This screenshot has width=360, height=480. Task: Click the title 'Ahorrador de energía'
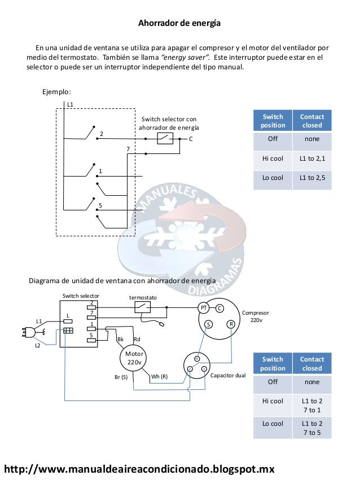tap(179, 24)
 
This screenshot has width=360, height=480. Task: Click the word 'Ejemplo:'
tap(57, 91)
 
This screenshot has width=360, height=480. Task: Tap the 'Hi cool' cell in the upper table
tap(273, 158)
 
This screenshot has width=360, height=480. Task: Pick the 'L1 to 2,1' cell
tap(312, 158)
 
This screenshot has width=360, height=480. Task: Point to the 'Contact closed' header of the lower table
tap(312, 363)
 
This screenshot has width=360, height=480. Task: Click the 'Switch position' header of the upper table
tap(273, 121)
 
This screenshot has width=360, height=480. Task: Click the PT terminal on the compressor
tap(204, 307)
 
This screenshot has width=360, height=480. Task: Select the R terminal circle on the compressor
tap(231, 324)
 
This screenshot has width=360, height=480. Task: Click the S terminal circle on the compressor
tap(208, 324)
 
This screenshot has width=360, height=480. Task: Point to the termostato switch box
tap(142, 307)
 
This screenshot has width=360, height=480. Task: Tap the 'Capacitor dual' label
tap(228, 375)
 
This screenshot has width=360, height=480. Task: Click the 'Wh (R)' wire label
tap(160, 376)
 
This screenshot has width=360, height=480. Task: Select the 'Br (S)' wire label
tap(120, 376)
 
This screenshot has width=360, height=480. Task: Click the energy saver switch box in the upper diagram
tap(165, 138)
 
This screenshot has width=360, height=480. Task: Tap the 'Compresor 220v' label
tap(256, 316)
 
